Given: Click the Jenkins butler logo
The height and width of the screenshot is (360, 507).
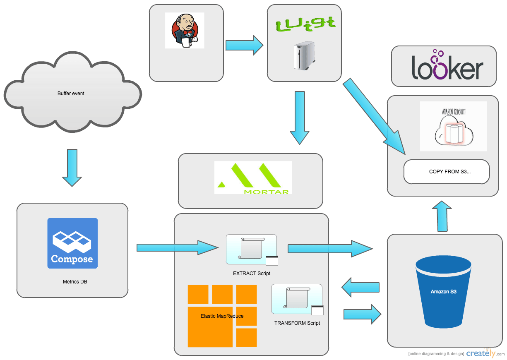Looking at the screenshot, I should click(x=185, y=31).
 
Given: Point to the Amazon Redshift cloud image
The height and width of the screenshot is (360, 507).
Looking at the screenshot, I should click(x=453, y=126).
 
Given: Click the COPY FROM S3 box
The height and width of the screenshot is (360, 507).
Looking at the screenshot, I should click(x=447, y=172).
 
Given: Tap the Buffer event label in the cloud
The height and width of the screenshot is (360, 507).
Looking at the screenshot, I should click(x=71, y=94).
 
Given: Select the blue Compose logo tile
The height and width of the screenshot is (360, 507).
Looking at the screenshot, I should click(x=72, y=243).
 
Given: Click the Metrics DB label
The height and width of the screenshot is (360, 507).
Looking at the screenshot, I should click(x=75, y=282).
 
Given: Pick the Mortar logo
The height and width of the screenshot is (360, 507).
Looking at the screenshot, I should click(x=253, y=178).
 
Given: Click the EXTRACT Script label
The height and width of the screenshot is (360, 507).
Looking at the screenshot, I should click(x=252, y=274).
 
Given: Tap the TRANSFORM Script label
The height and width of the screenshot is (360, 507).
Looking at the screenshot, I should click(x=297, y=323).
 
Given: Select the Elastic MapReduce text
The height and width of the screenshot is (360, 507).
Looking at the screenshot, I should click(x=222, y=316).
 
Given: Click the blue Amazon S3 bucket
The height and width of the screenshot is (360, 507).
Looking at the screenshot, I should click(x=443, y=292).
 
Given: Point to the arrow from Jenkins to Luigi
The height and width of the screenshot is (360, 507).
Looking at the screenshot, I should click(x=244, y=44).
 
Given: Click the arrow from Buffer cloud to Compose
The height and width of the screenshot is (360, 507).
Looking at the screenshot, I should click(x=72, y=167).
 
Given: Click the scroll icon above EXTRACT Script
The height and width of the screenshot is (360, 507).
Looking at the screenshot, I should click(x=252, y=249).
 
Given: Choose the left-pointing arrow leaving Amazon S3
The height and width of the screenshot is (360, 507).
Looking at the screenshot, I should click(x=361, y=287).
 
